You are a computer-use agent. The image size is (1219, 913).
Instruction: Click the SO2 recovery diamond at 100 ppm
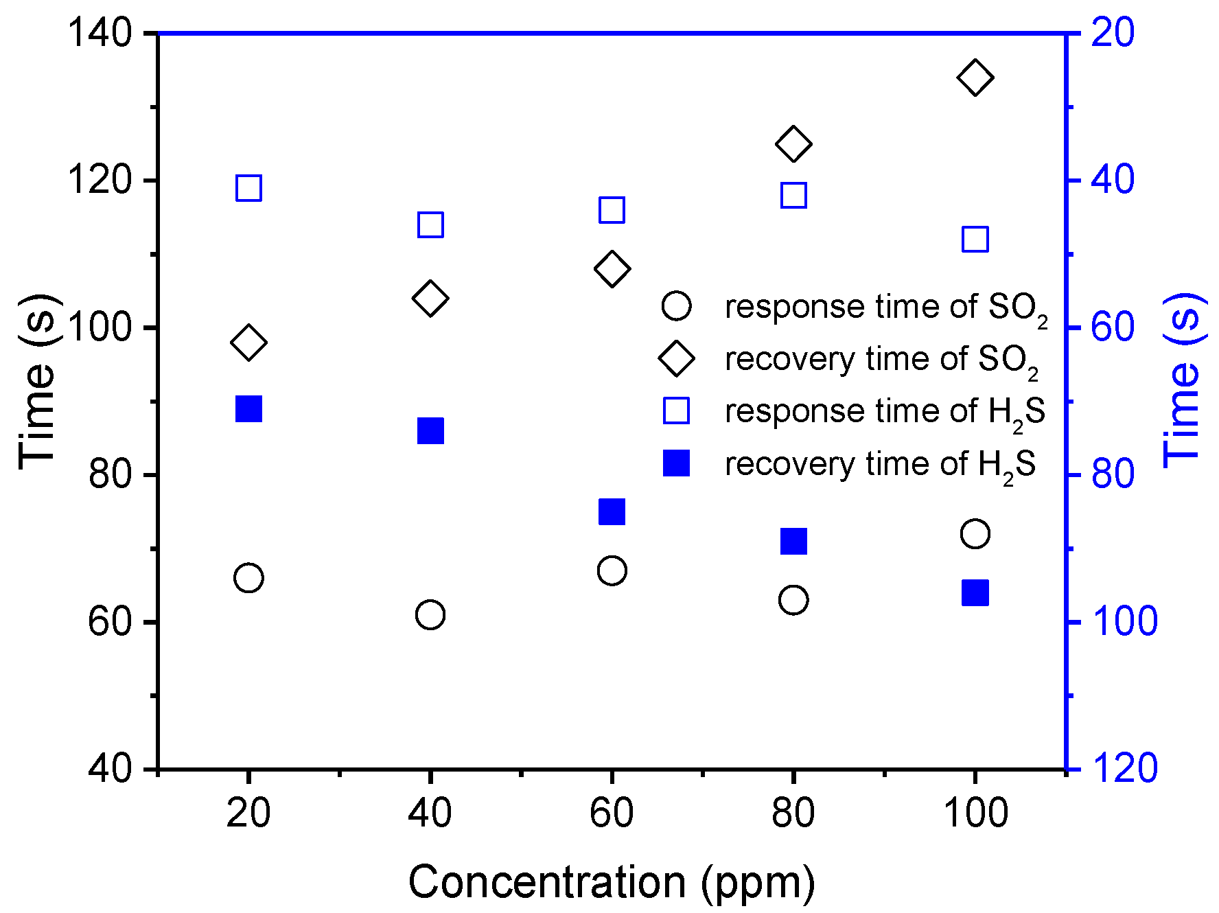[975, 78]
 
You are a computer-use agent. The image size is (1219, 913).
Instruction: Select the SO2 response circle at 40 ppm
[430, 614]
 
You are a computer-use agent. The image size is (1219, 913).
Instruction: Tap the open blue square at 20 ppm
[248, 187]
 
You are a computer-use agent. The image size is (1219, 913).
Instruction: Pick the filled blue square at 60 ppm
[612, 511]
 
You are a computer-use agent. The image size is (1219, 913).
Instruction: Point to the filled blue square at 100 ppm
[975, 592]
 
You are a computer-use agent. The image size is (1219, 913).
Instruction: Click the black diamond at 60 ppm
[612, 268]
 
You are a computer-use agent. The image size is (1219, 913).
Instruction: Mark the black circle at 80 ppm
[793, 600]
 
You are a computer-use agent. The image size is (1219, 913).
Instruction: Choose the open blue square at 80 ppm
[793, 196]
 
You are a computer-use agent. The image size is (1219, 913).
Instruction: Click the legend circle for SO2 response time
[676, 306]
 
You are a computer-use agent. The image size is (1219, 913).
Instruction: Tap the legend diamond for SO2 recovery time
[676, 358]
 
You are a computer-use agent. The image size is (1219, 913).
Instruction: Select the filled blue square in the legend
[676, 463]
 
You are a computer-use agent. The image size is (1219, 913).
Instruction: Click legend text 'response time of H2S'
[884, 412]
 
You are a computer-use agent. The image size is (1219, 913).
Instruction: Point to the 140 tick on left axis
[100, 33]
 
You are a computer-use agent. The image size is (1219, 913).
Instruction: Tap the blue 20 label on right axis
[1113, 33]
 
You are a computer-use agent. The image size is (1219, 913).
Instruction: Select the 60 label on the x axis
[612, 813]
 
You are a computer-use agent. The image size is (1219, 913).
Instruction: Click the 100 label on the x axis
[975, 813]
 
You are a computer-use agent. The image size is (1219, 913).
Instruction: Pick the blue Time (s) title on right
[1184, 381]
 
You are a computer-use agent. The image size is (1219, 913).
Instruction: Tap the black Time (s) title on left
[38, 381]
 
